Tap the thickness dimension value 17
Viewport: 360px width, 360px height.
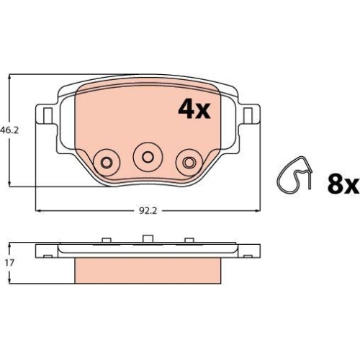click(x=9, y=264)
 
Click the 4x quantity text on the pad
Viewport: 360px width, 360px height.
click(x=193, y=109)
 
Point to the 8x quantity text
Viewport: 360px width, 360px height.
click(x=342, y=185)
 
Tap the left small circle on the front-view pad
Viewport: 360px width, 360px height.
click(x=107, y=161)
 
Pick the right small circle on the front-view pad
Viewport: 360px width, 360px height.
click(x=190, y=161)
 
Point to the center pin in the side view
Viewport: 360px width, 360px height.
click(x=147, y=239)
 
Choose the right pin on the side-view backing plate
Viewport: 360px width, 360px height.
click(x=189, y=240)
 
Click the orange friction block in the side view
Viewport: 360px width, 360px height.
click(x=147, y=271)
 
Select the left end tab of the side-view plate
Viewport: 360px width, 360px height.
click(x=46, y=250)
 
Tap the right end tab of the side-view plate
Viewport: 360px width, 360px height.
click(x=250, y=250)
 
